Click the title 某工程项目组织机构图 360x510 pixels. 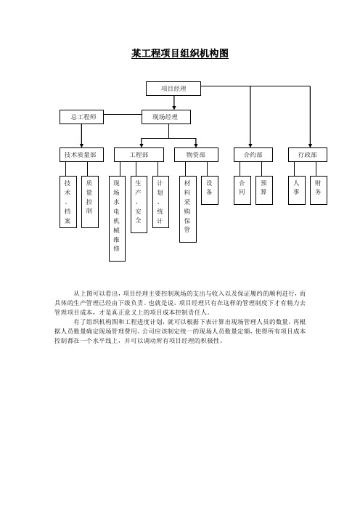pyautogui.click(x=180, y=54)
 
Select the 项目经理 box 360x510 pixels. pyautogui.click(x=173, y=89)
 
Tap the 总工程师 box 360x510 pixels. pyautogui.click(x=81, y=117)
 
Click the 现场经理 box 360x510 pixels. pyautogui.click(x=166, y=117)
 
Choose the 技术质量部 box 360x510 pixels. pyautogui.click(x=81, y=155)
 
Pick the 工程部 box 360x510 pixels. pyautogui.click(x=139, y=155)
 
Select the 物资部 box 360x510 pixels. pyautogui.click(x=196, y=155)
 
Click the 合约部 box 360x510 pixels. pyautogui.click(x=253, y=155)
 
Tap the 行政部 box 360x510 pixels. pyautogui.click(x=308, y=155)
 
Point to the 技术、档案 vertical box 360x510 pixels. pyautogui.click(x=68, y=202)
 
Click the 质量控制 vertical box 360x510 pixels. pyautogui.click(x=90, y=202)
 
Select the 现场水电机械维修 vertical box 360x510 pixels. pyautogui.click(x=118, y=219)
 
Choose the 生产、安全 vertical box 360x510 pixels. pyautogui.click(x=139, y=205)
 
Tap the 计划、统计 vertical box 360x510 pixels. pyautogui.click(x=160, y=202)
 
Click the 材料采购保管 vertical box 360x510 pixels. pyautogui.click(x=188, y=209)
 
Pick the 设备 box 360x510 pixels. pyautogui.click(x=210, y=190)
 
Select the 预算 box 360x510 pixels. pyautogui.click(x=263, y=190)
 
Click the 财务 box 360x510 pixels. pyautogui.click(x=319, y=190)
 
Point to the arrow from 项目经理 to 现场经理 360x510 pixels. pyautogui.click(x=174, y=102)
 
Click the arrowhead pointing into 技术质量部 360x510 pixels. pyautogui.click(x=81, y=145)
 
